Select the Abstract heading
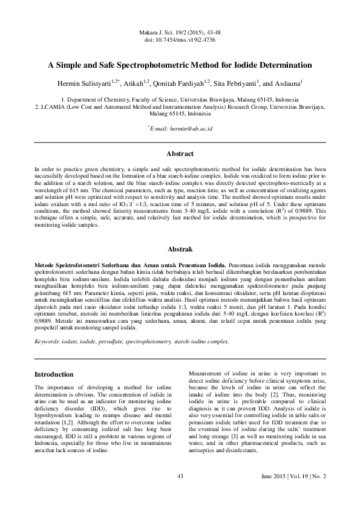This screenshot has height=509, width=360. pos(180,154)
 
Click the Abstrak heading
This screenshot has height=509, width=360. pos(180,249)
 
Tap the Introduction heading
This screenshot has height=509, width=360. pos(58,374)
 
